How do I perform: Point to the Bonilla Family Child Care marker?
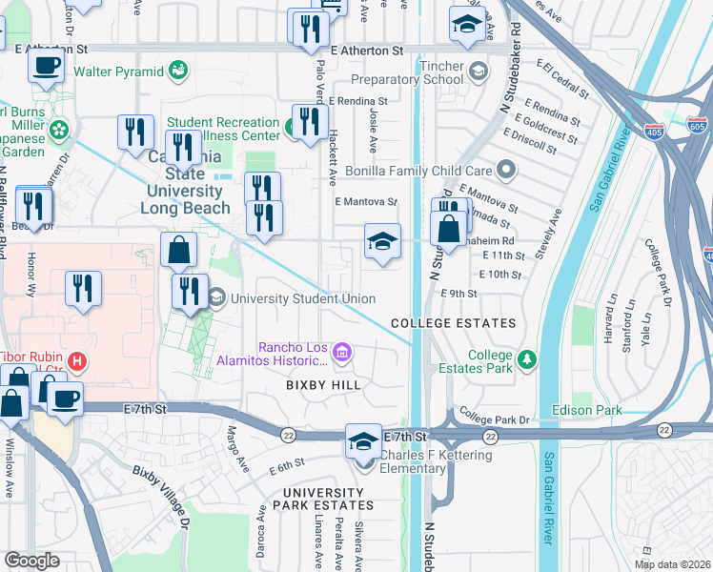point(506,171)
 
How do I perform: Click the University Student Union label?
point(302,298)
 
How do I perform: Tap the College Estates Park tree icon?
point(525,361)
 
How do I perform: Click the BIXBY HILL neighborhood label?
point(324,385)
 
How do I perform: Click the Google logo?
point(31,560)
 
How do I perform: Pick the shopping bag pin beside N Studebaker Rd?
point(449,229)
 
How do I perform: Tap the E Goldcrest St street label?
point(543,126)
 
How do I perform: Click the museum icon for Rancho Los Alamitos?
point(342,356)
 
